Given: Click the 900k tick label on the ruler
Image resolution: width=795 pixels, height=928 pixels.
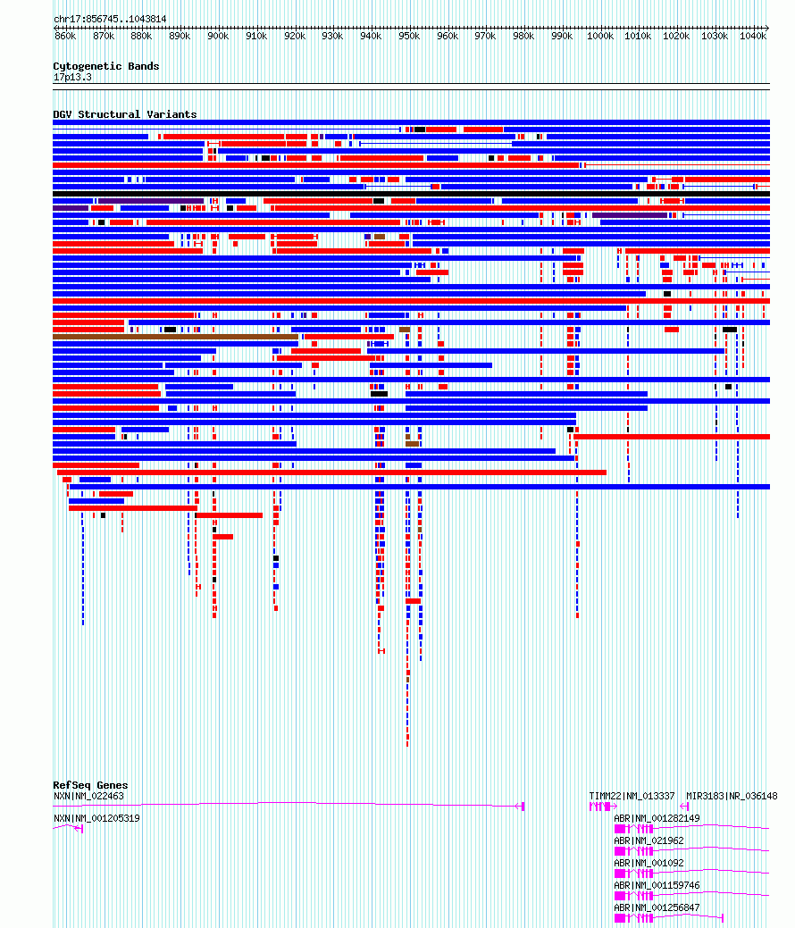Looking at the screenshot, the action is coord(218,36).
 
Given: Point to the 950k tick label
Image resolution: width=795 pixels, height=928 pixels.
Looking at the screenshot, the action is coord(409,36).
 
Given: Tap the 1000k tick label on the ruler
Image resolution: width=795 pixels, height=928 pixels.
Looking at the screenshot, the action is coord(600,36).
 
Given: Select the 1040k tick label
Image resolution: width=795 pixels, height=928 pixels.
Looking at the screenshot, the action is coord(753,36).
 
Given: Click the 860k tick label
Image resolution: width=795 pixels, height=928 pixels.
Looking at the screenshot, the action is coord(65,36).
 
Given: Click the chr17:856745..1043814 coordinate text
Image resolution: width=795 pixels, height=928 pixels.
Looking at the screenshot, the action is coord(110,19).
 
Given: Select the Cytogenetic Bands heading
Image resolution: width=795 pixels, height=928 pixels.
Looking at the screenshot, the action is coord(106,66).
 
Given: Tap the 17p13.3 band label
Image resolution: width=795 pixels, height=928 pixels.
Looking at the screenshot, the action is coord(72,77).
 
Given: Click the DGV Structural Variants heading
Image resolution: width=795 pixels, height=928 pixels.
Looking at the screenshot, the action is coord(125,114).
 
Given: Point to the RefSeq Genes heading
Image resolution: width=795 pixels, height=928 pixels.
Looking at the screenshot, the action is coord(90,785).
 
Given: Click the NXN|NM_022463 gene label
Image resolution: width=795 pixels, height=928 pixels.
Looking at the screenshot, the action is coord(88,796).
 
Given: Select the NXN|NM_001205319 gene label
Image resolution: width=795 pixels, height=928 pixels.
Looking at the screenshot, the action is coord(96,818).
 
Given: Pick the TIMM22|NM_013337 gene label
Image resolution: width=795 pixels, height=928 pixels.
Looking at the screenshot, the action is coord(632,796).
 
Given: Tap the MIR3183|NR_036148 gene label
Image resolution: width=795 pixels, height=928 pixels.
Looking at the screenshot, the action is coord(732,796).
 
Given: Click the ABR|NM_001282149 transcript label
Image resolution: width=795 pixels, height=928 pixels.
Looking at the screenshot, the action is coord(657,818).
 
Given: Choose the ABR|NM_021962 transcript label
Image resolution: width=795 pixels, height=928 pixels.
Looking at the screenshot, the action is coord(649,841).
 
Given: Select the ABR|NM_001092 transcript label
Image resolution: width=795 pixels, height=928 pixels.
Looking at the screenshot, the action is coord(649,864).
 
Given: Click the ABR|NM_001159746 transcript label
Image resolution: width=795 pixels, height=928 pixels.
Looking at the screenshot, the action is coord(657,886).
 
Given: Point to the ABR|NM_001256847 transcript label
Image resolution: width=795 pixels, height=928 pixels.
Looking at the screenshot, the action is coord(657,907).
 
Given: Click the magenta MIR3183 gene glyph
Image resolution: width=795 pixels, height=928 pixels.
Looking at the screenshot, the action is coord(685,806).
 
